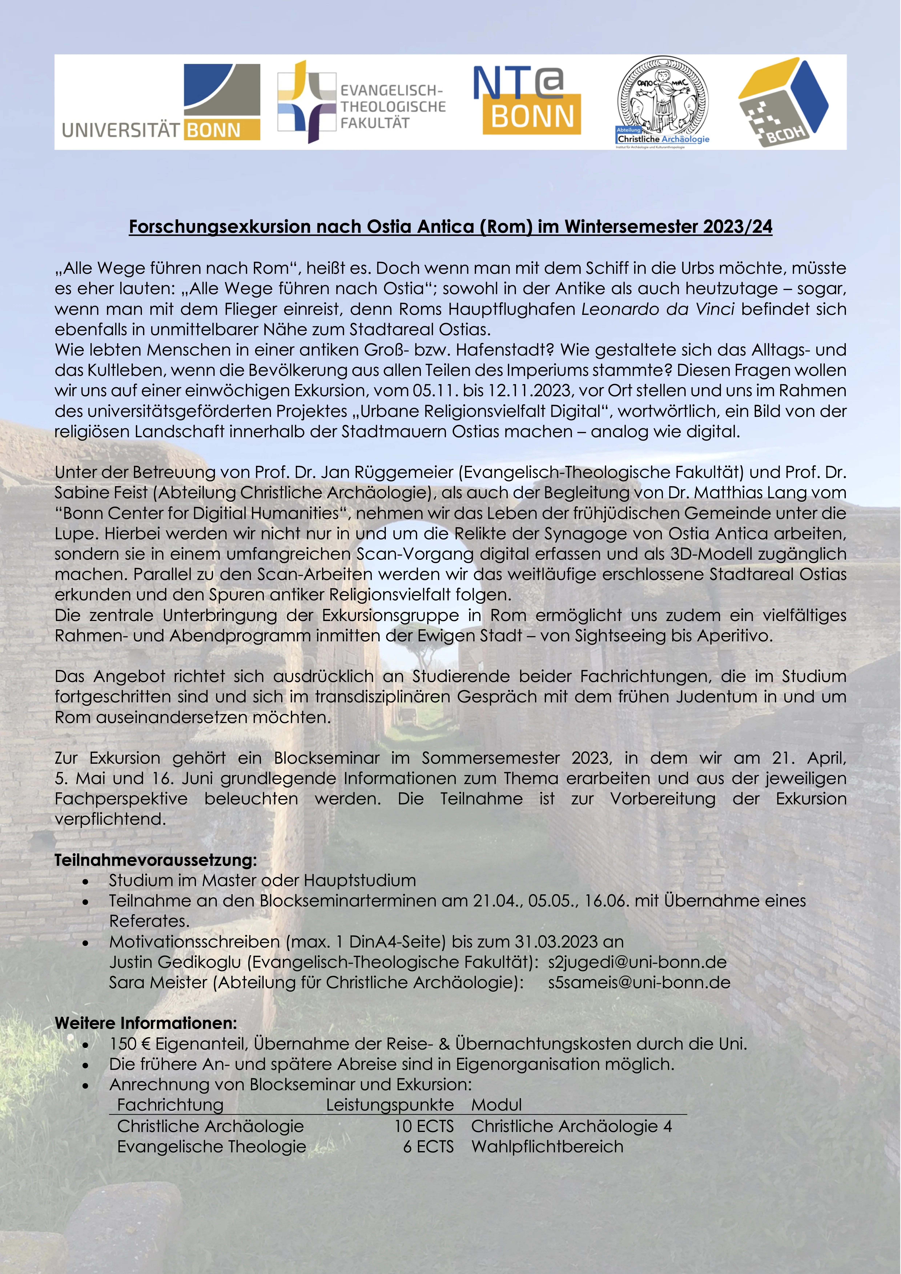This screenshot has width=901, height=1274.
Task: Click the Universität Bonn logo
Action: pos(161,102)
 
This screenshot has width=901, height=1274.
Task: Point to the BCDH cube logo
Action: pos(783,102)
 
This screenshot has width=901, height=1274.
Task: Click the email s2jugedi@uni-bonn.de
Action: pos(637,962)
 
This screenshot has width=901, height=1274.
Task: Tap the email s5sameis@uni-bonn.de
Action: pos(639,983)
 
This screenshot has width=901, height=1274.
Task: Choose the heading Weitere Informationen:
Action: pos(145,1023)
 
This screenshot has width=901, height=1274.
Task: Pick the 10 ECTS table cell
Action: pos(424,1126)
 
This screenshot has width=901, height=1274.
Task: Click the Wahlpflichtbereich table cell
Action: pos(547,1146)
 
